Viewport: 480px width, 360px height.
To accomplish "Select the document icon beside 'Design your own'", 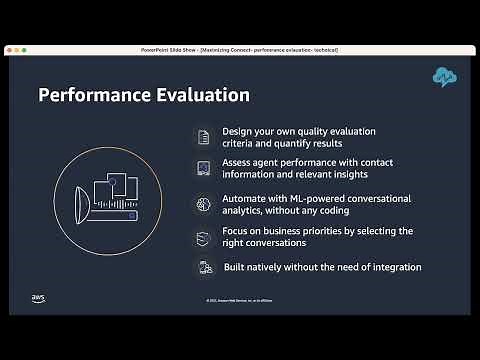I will [x=203, y=137].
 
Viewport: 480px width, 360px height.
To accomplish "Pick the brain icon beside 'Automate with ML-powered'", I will [x=203, y=203].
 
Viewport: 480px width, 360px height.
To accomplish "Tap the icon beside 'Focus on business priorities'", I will [x=203, y=236].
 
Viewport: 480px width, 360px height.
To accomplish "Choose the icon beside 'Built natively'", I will [x=204, y=267].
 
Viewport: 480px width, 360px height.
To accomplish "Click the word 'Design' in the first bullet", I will [x=238, y=131].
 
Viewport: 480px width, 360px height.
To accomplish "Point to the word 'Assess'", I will [x=237, y=160].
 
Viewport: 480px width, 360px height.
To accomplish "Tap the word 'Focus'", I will [x=235, y=231].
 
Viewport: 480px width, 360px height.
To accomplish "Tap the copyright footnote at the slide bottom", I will [x=240, y=300].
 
